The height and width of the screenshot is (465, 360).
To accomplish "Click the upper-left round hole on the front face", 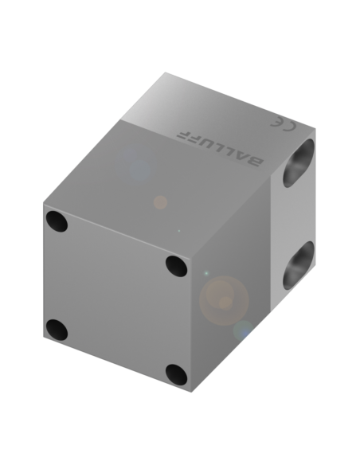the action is coord(57,221).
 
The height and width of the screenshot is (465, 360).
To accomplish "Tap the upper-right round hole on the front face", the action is coord(177,266).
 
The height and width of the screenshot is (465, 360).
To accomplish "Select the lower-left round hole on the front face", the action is coord(57,330).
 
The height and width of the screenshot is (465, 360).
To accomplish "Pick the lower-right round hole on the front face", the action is coord(177,375).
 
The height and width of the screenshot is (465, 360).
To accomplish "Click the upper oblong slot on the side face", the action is coord(299,163).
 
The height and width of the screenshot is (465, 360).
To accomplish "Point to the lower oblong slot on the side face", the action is coord(299,265).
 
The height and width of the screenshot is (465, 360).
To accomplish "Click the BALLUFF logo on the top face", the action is coord(220,149).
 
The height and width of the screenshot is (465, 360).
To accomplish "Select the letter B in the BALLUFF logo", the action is coord(254,162).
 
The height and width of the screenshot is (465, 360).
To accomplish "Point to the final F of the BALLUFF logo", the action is coord(183,135).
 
